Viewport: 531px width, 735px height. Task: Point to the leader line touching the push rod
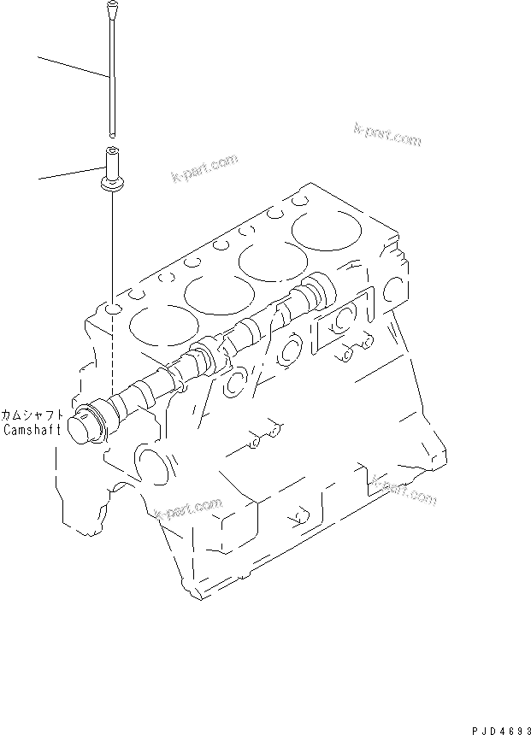click(x=73, y=67)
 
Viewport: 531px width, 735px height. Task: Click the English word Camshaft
click(x=32, y=430)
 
